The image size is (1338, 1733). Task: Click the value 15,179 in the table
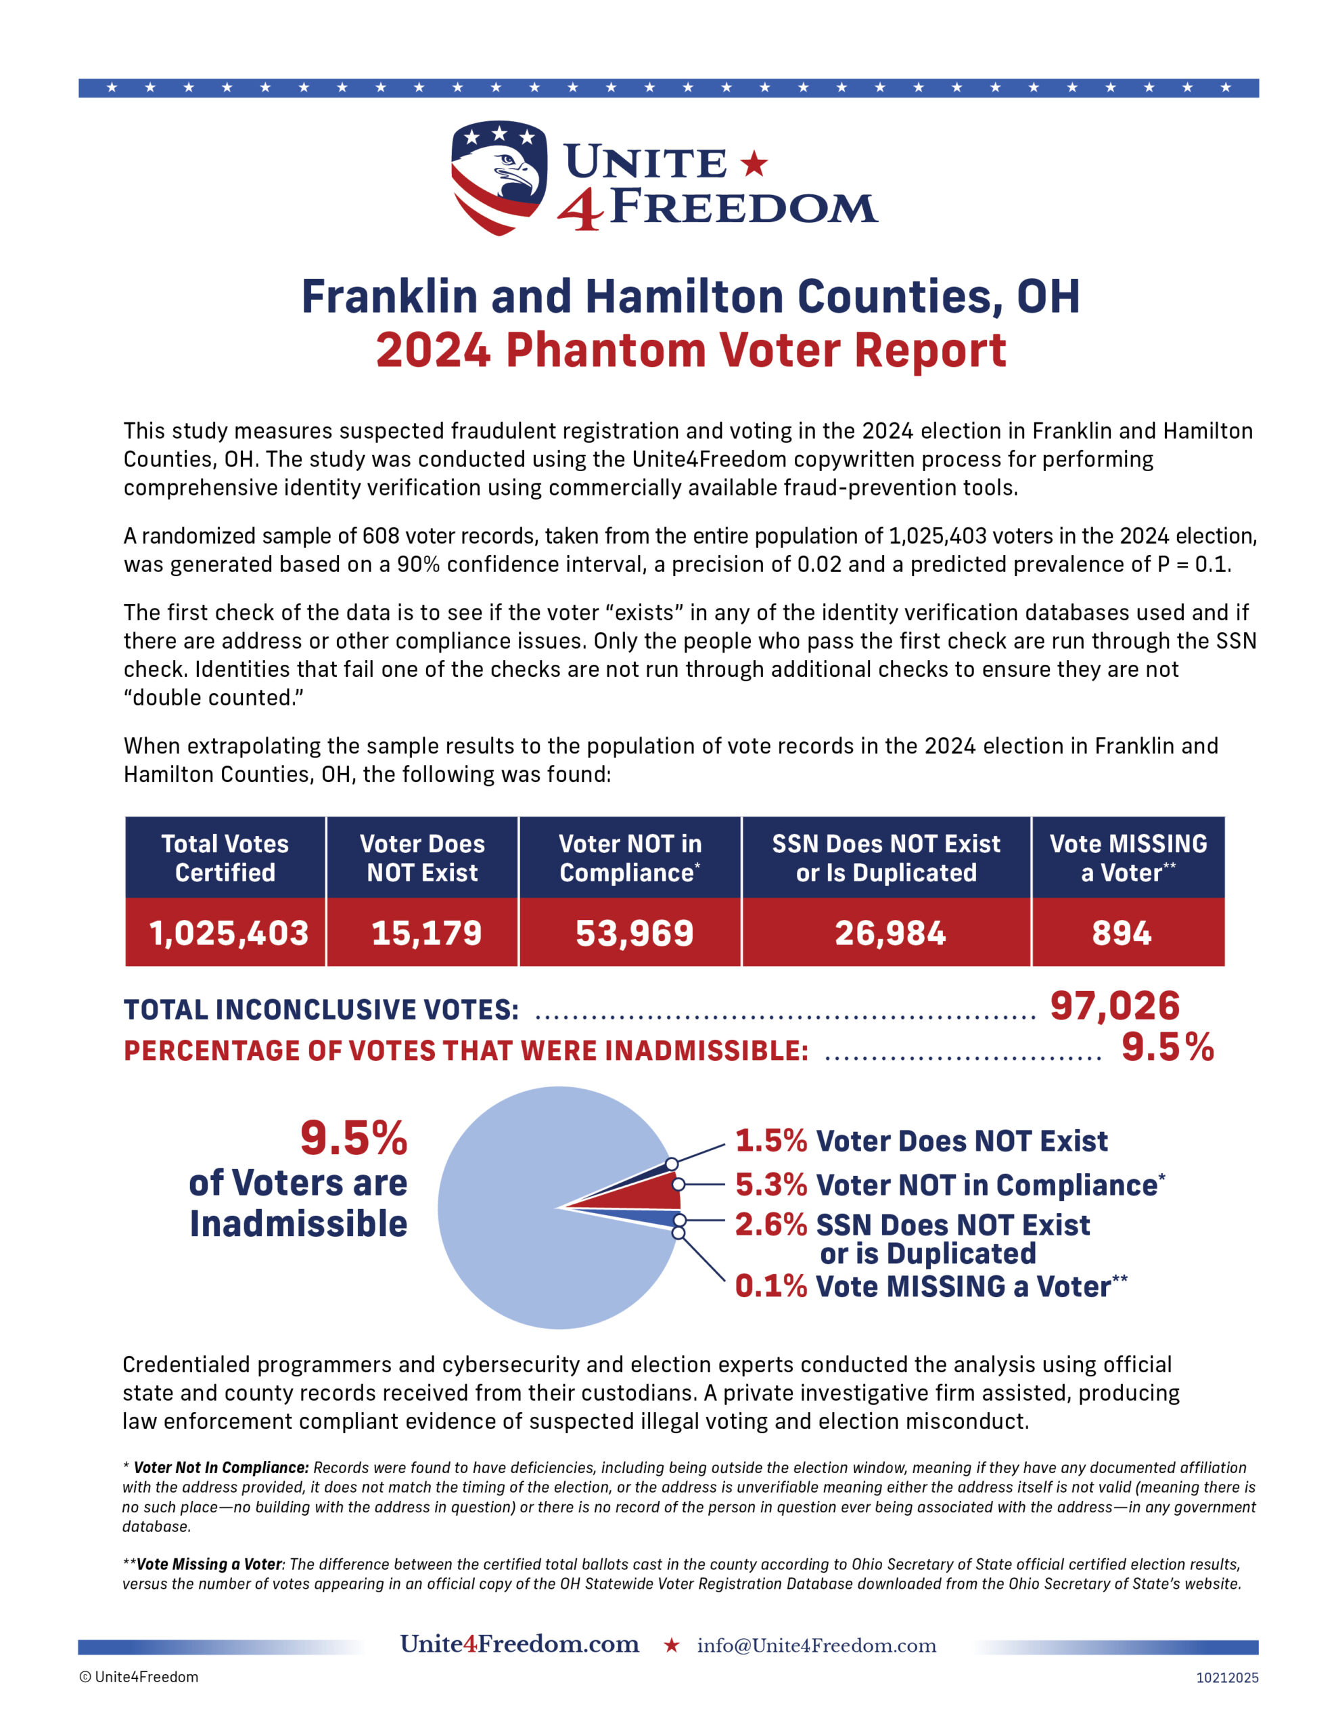point(426,932)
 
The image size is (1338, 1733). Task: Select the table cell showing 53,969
point(634,932)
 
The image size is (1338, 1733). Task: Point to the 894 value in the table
point(1121,932)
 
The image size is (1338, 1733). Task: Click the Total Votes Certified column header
point(225,858)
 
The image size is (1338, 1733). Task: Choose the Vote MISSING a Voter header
point(1128,858)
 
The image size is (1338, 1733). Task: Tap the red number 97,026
point(1114,1006)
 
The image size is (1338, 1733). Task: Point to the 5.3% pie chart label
point(770,1185)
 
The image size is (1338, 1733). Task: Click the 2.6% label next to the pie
point(770,1225)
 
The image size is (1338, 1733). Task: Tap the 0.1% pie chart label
point(770,1286)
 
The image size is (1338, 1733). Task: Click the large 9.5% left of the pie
point(353,1138)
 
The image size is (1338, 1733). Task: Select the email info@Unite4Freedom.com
point(816,1646)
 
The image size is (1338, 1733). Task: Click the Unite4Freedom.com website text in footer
point(520,1644)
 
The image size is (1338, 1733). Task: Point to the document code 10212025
point(1226,1677)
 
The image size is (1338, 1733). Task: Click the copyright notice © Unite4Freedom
point(139,1677)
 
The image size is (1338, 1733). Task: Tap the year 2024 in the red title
point(433,350)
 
